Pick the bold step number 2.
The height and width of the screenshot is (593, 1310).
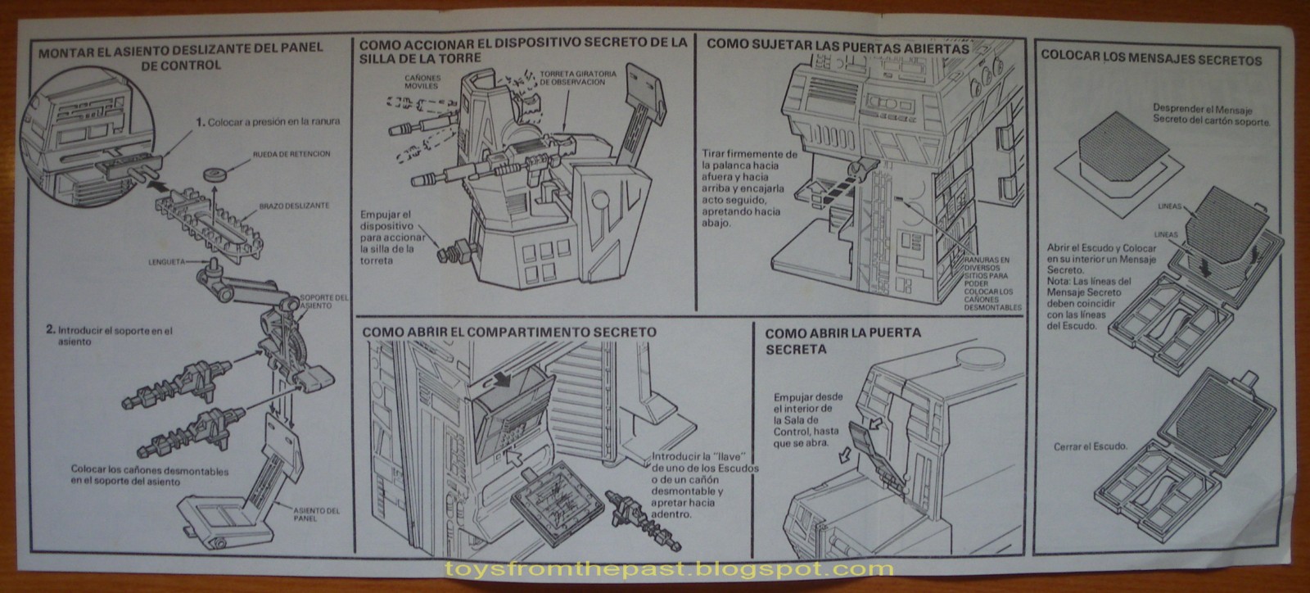coord(51,330)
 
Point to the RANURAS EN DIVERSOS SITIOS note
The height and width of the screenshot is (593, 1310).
coord(994,278)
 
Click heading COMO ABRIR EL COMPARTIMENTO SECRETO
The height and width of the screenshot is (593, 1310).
coord(508,333)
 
